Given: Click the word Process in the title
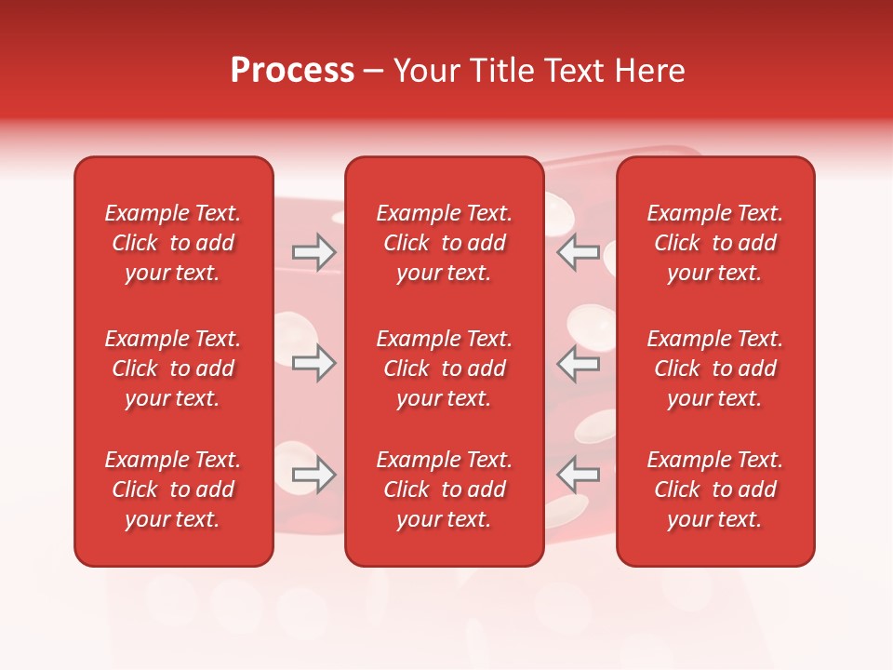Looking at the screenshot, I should pos(292,71).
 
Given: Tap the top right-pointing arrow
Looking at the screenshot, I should pos(313,252).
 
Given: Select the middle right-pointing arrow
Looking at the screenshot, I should pos(313,363).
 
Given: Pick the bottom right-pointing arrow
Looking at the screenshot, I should pos(313,475).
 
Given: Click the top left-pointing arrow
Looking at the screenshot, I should pos(578,252).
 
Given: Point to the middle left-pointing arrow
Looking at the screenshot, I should pos(578,363).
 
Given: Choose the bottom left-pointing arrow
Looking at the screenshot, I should pos(578,475).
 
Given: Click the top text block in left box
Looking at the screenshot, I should pos(173,243).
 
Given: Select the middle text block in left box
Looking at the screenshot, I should pos(173,368).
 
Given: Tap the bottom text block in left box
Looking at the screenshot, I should pos(173,489).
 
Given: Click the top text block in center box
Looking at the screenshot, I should pos(445,243).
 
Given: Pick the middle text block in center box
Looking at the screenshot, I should pos(445,368).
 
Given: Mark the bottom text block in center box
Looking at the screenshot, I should pos(445,489).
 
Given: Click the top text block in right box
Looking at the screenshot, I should pos(715,243).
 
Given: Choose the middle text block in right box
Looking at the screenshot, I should pos(715,368).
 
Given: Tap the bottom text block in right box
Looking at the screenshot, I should pos(715,489).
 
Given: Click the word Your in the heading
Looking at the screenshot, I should pos(423,71).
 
